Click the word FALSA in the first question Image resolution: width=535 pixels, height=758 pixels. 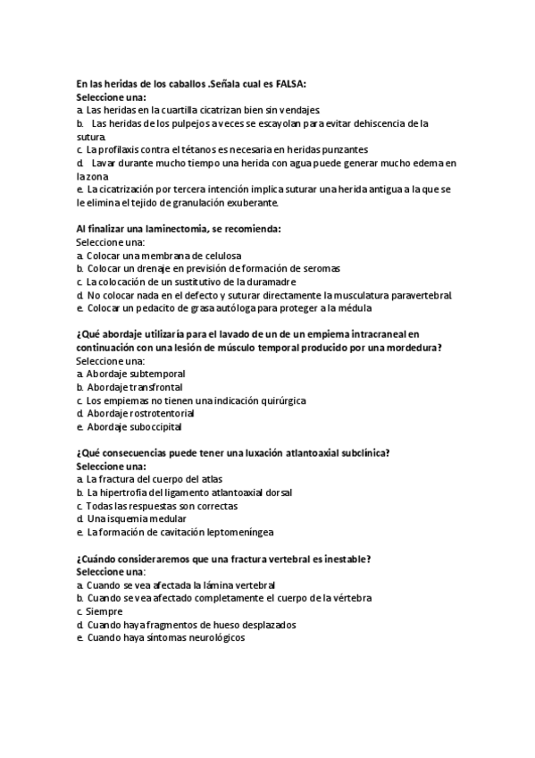pos(288,84)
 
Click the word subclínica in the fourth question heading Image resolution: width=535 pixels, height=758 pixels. pos(362,453)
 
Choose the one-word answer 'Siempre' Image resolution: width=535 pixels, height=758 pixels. pos(105,611)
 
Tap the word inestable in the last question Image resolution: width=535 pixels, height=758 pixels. pos(345,559)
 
